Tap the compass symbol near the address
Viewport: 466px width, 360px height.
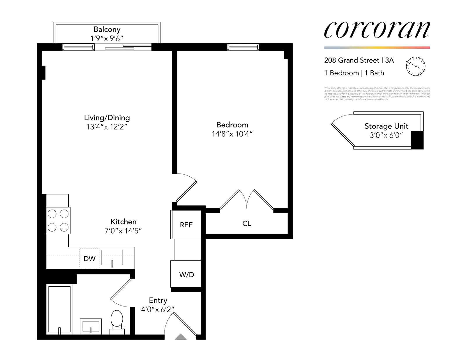point(416,66)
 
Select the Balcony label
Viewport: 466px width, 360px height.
point(107,29)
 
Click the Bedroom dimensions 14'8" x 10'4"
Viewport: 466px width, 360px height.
point(232,134)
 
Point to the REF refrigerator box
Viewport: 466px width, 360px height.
point(186,225)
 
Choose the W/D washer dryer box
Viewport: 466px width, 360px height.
point(186,274)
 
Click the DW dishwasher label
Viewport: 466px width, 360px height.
point(89,259)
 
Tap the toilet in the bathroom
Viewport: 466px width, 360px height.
point(117,320)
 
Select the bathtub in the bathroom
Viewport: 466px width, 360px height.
point(59,309)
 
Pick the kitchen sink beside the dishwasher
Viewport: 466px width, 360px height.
point(112,258)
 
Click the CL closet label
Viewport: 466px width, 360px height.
point(246,224)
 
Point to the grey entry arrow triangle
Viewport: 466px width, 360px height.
point(181,337)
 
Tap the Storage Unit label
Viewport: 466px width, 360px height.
point(386,126)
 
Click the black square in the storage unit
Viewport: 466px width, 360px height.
point(417,140)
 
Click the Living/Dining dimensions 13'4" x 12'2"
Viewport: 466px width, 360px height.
point(107,127)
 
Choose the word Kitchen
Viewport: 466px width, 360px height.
point(123,221)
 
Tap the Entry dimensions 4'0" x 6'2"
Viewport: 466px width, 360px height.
point(158,309)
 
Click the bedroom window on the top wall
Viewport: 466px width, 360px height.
point(243,47)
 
